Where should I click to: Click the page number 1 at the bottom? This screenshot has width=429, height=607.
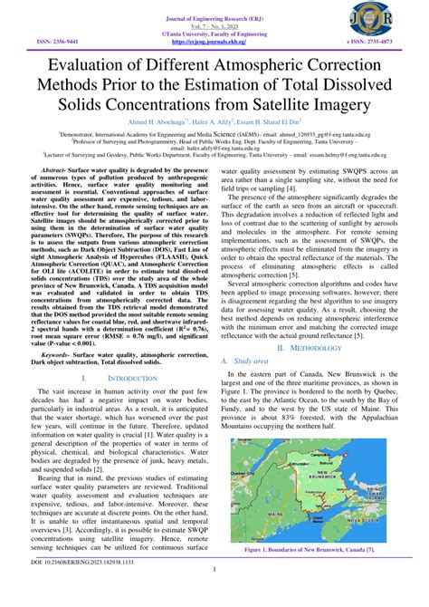coord(214,595)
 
